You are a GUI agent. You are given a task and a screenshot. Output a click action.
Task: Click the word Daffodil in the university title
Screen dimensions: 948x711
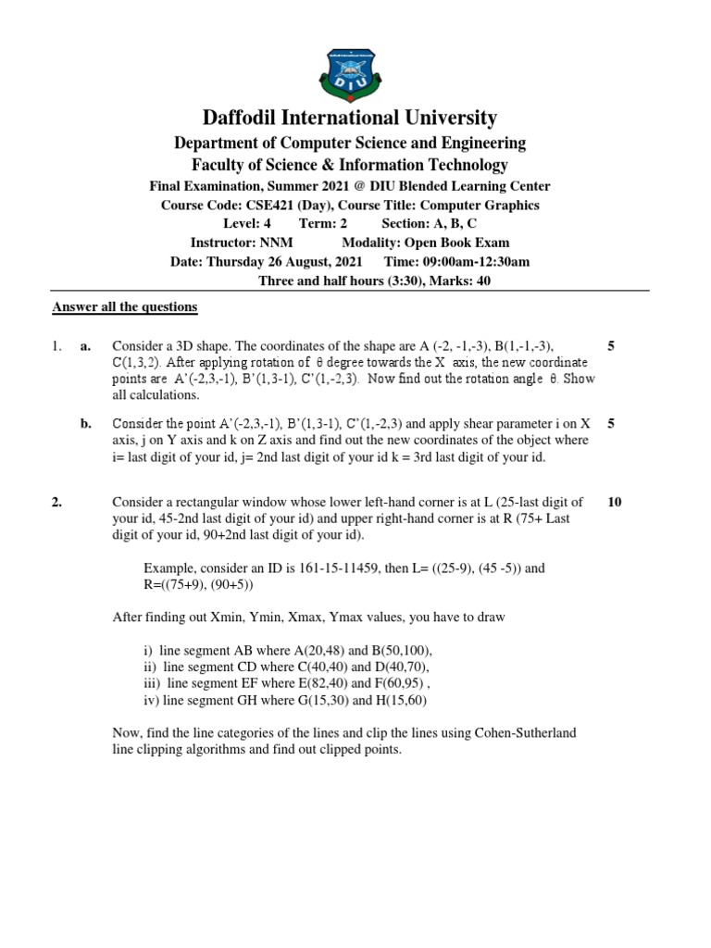pyautogui.click(x=242, y=118)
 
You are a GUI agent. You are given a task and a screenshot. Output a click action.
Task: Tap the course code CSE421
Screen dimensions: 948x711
pyautogui.click(x=271, y=206)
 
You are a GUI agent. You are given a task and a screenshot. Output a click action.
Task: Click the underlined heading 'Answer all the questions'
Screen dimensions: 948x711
pyautogui.click(x=124, y=306)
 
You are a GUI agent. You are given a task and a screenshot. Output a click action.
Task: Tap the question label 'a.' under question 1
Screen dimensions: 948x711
pyautogui.click(x=85, y=346)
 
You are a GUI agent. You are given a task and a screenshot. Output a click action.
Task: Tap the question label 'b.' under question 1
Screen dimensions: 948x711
pyautogui.click(x=85, y=424)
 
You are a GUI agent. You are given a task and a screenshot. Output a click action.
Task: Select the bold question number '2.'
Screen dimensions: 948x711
pyautogui.click(x=56, y=503)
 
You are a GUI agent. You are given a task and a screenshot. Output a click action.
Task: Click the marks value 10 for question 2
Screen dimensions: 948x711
pyautogui.click(x=614, y=503)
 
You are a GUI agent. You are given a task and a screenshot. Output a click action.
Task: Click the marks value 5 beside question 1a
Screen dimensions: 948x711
pyautogui.click(x=611, y=346)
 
